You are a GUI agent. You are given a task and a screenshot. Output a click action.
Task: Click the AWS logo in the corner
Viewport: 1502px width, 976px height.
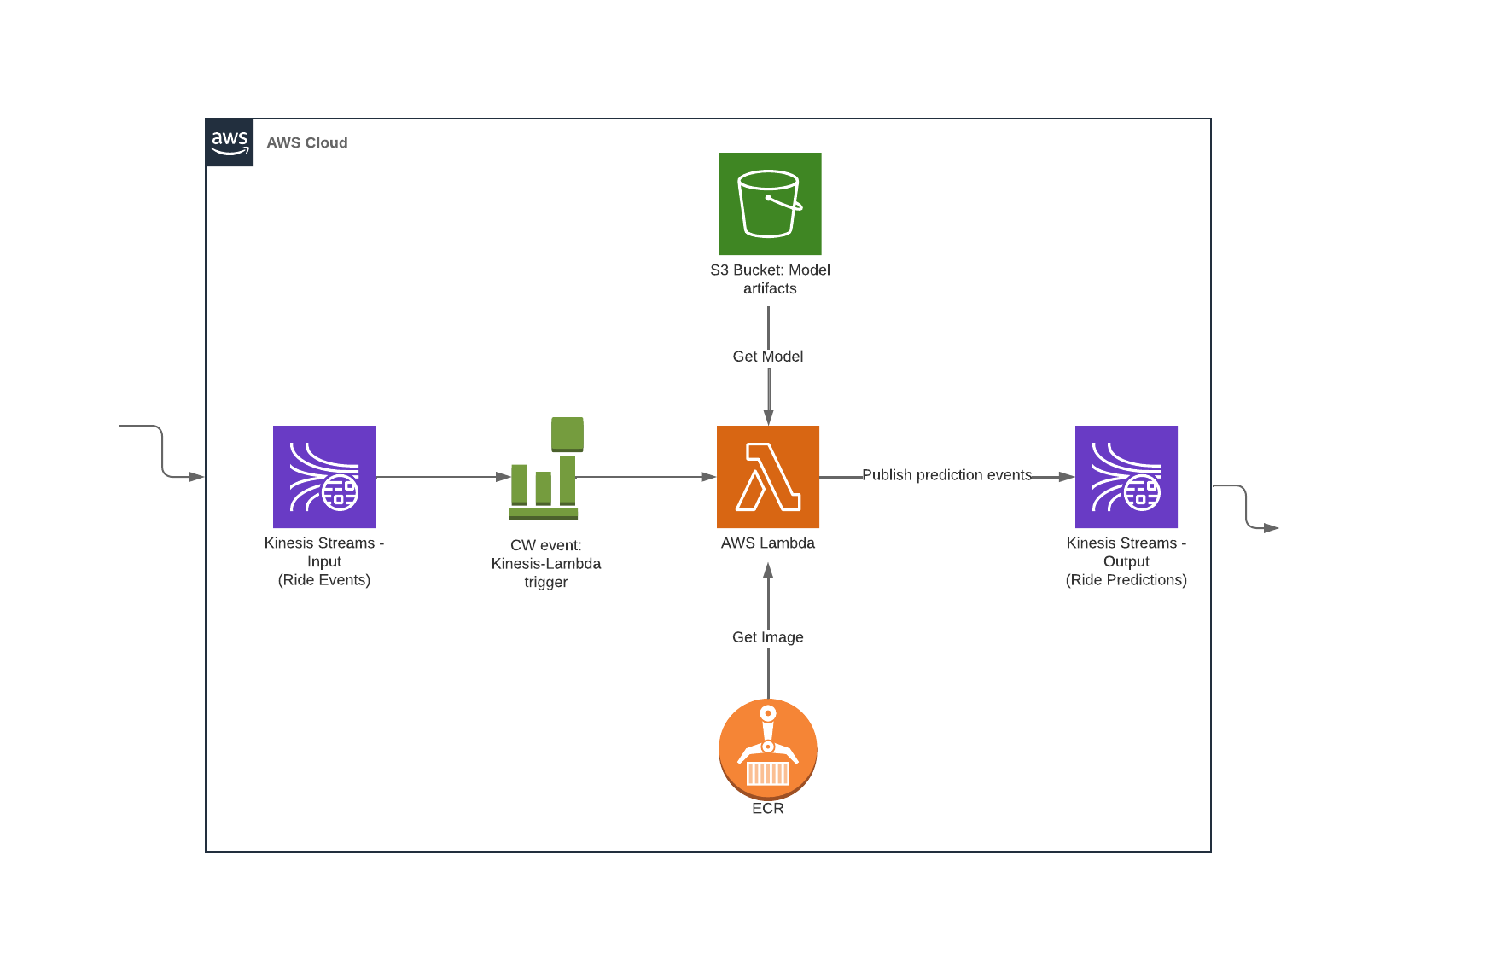(230, 142)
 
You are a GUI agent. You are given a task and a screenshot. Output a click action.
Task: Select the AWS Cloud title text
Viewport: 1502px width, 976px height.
(307, 142)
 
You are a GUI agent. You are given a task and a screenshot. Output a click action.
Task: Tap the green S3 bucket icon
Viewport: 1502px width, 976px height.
(770, 204)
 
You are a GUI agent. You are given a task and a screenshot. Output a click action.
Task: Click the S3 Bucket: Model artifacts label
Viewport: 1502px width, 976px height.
(770, 279)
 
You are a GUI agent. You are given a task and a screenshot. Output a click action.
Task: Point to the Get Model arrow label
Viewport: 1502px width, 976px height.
(768, 357)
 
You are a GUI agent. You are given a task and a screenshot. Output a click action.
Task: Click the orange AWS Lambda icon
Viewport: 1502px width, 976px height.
(768, 477)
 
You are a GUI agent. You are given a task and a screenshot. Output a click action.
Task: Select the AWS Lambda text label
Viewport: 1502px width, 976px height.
(768, 543)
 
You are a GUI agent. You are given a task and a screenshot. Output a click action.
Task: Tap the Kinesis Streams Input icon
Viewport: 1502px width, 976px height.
(324, 477)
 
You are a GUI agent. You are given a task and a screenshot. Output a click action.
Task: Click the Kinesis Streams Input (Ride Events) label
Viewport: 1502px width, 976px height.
(324, 561)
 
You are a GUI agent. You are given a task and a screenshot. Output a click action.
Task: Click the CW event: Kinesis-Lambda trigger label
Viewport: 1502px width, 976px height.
(546, 563)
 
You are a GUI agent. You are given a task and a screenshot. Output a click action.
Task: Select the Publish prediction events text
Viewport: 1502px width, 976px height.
(946, 475)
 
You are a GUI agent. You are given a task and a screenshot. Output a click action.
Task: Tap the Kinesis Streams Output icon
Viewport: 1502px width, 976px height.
(1126, 477)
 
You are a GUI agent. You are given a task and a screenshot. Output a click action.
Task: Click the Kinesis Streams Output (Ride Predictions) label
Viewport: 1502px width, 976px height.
(1126, 561)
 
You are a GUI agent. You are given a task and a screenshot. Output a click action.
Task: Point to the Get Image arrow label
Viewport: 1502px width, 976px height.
(768, 637)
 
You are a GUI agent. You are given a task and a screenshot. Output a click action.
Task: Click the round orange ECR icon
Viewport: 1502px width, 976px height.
(768, 749)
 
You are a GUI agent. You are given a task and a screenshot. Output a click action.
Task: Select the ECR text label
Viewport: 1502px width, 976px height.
(768, 808)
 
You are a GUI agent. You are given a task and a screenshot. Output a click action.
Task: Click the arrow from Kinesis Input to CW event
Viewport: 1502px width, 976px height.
(443, 477)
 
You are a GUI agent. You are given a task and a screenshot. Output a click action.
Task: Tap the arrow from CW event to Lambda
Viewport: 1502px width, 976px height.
(646, 477)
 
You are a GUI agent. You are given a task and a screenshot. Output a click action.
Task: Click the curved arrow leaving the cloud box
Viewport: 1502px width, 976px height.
(1246, 507)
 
